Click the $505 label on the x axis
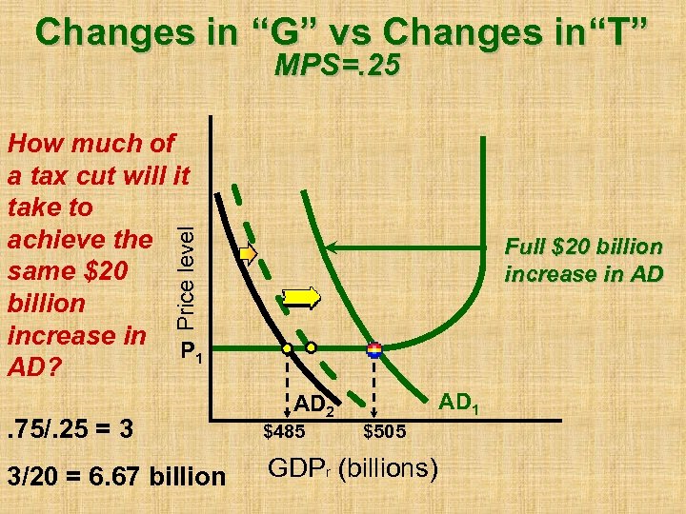[x=385, y=432]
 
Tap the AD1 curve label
[x=459, y=407]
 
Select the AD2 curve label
[x=313, y=407]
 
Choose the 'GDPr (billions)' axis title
[x=353, y=469]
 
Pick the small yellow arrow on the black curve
[x=249, y=254]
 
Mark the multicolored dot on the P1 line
[x=373, y=349]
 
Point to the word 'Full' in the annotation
[x=525, y=247]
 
